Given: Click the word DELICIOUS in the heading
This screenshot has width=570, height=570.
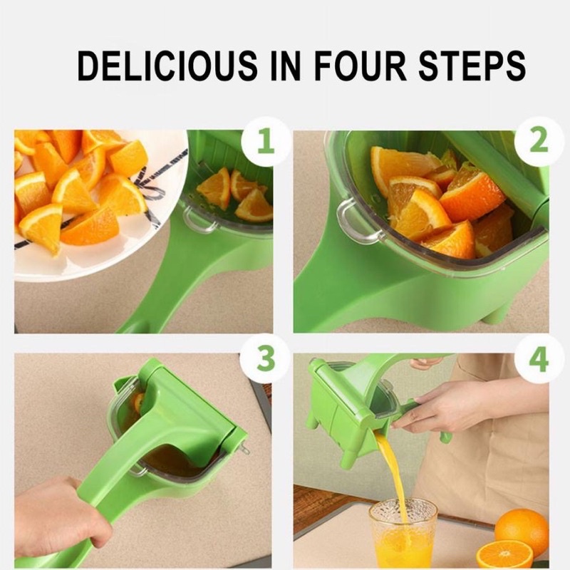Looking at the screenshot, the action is pyautogui.click(x=167, y=66).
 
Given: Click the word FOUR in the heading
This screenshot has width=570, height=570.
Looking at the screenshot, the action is pyautogui.click(x=360, y=66).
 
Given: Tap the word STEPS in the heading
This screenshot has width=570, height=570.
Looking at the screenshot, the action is pyautogui.click(x=472, y=66).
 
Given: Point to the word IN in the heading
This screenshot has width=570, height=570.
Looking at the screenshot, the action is pyautogui.click(x=286, y=66).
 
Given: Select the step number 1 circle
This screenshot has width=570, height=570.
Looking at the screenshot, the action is pyautogui.click(x=266, y=141).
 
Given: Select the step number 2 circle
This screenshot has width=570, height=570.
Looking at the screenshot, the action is pyautogui.click(x=539, y=141).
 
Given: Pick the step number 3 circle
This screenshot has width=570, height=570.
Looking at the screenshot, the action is pyautogui.click(x=266, y=359).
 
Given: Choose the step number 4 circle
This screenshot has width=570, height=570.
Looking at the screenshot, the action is pyautogui.click(x=539, y=359).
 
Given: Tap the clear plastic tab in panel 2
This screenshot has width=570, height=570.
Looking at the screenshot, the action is pyautogui.click(x=358, y=222).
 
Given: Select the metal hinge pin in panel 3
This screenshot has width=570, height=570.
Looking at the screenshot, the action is pyautogui.click(x=244, y=450).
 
